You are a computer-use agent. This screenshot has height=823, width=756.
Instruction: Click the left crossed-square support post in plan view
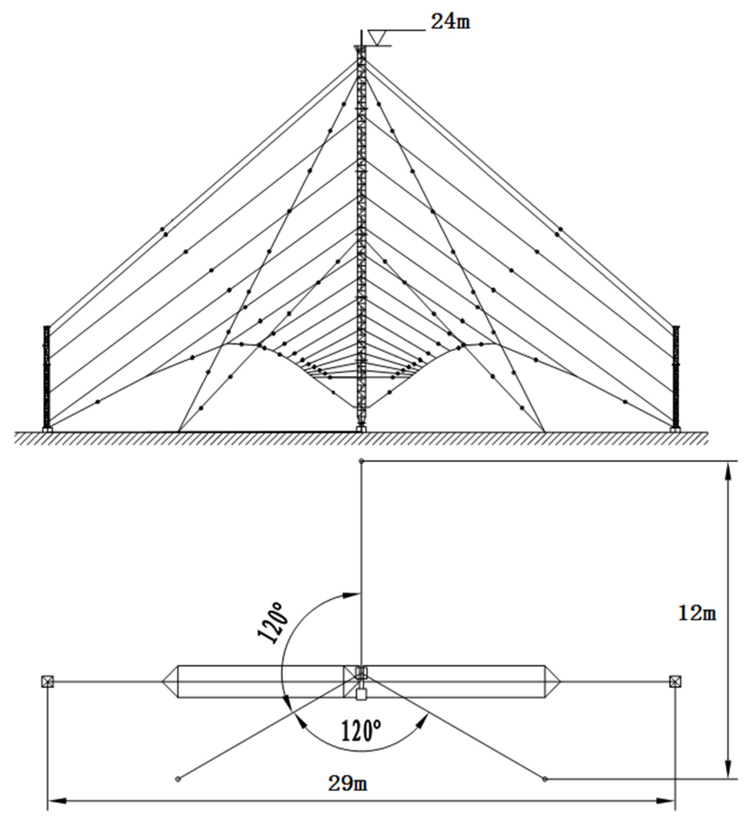click(48, 681)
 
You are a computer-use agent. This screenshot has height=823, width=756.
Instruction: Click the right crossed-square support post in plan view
click(675, 681)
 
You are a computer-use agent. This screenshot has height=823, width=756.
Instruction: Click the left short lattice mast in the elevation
click(47, 376)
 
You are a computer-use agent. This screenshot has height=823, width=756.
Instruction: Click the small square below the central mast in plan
click(360, 695)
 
